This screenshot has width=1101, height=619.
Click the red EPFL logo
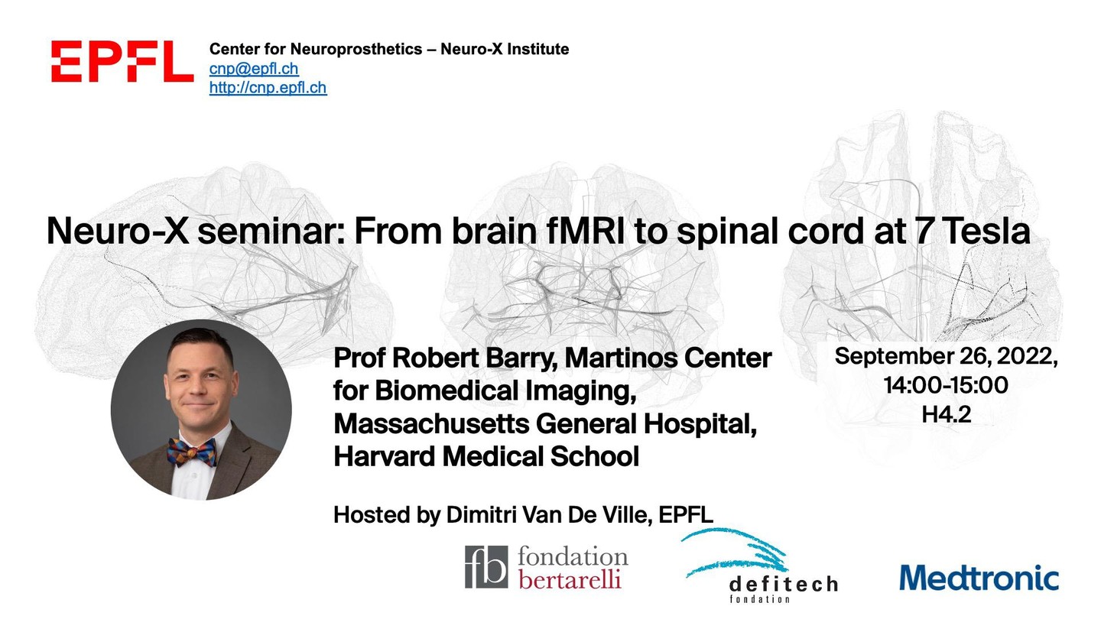point(122,61)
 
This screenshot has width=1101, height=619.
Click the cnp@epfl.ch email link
point(254,69)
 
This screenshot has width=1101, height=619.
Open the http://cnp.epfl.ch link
point(268,87)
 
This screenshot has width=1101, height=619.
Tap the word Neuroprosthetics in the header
point(356,49)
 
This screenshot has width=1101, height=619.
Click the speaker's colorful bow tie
point(191,452)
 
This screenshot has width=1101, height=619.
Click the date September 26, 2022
point(947,356)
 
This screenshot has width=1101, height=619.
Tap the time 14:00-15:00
point(947,384)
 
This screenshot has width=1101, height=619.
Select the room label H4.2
point(947,415)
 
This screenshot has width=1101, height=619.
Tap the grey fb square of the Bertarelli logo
point(486,567)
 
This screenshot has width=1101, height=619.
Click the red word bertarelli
point(570,580)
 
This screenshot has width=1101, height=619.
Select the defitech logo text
point(784,585)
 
